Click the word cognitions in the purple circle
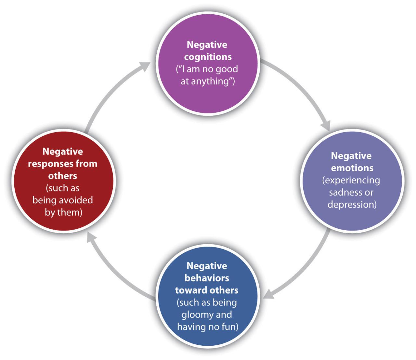pos(208,57)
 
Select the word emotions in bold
pos(352,168)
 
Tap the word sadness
pos(343,192)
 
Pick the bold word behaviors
pos(207,278)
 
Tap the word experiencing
pos(351,180)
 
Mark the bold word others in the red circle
pos(62,176)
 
